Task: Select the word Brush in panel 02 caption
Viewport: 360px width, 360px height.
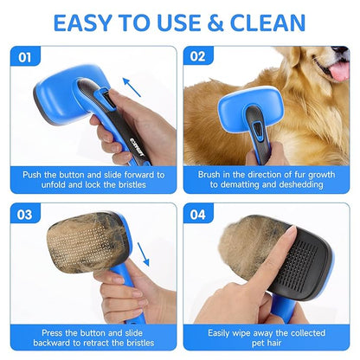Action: coord(212,173)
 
